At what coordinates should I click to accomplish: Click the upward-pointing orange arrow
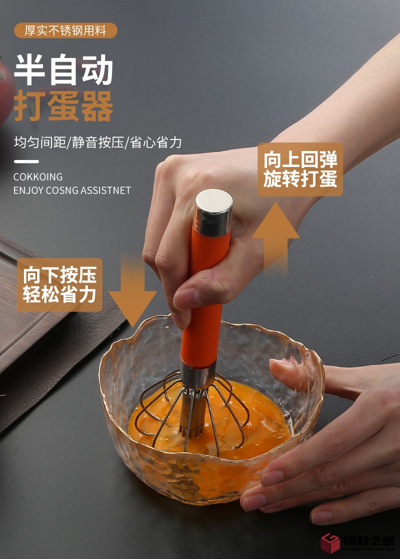click(x=275, y=237)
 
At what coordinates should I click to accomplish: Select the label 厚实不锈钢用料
click(x=65, y=30)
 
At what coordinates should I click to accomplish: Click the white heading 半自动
click(x=63, y=70)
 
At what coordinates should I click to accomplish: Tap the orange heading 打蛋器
click(x=63, y=106)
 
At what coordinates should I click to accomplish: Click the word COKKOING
click(x=38, y=177)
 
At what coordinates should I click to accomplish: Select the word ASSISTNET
click(x=106, y=190)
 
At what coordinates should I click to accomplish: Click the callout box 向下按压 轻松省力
click(x=59, y=284)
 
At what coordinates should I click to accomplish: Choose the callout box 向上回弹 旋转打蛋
click(x=300, y=169)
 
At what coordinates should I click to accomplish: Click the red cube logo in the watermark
click(x=330, y=543)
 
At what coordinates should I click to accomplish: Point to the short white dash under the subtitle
click(x=26, y=161)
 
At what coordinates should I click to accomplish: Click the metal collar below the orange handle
click(x=198, y=375)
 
